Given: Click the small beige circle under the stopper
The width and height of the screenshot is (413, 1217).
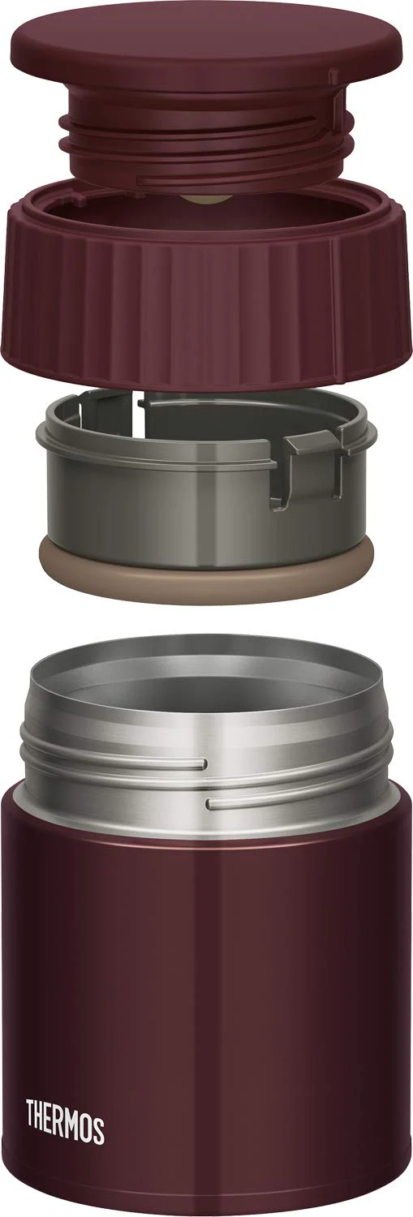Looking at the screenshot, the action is pyautogui.click(x=205, y=200).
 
